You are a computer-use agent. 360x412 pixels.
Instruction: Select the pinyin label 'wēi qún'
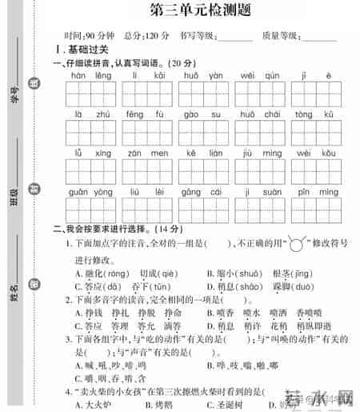(258, 76)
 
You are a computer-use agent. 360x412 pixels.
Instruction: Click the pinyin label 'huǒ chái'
(258, 115)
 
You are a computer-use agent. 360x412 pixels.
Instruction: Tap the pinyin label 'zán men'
(143, 154)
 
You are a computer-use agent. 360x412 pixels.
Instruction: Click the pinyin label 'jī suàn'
(258, 192)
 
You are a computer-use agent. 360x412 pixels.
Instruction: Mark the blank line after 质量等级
(318, 37)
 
